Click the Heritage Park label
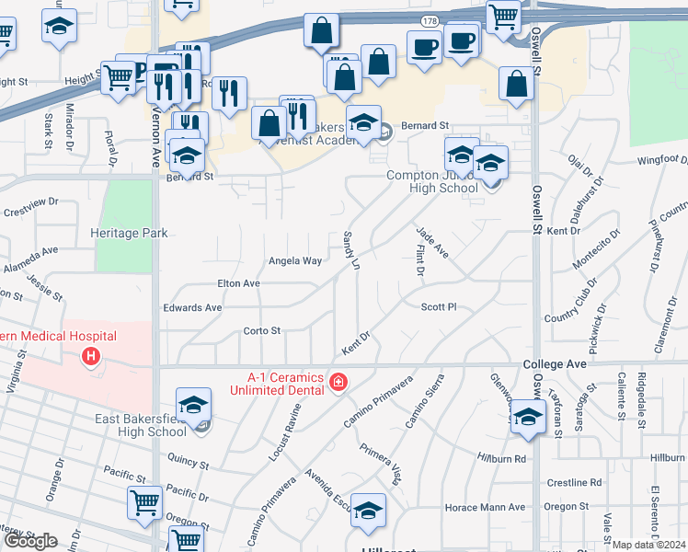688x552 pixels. point(129,234)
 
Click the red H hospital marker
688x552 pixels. point(90,355)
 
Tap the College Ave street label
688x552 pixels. point(555,364)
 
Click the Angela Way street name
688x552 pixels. point(294,260)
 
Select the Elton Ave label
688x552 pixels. point(237,283)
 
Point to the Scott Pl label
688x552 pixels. point(439,306)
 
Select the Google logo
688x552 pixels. point(30,541)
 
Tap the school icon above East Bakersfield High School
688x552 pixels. point(194,406)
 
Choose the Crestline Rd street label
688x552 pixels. point(573,482)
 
